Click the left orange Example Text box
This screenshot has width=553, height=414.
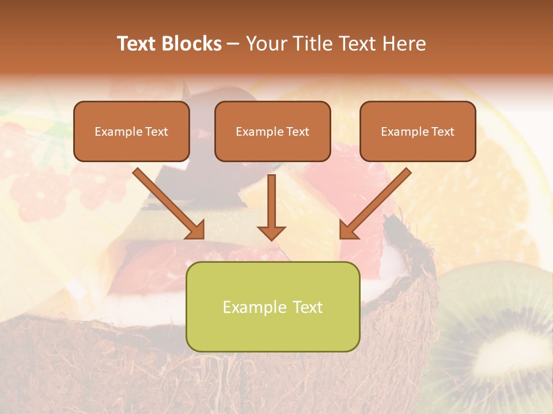click(131, 131)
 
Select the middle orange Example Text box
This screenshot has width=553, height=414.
click(272, 131)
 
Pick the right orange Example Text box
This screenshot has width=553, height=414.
click(418, 131)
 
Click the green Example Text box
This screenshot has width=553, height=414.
click(272, 306)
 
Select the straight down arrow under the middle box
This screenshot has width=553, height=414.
click(271, 201)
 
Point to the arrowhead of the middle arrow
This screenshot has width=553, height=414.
click(271, 232)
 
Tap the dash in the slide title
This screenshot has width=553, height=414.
click(233, 44)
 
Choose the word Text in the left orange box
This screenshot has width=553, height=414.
click(156, 132)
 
